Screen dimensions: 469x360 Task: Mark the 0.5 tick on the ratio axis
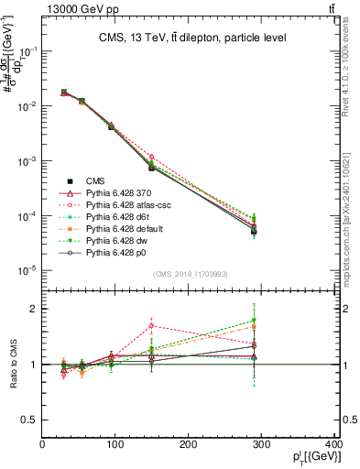(x=29, y=420)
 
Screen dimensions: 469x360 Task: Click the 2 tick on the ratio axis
(x=34, y=309)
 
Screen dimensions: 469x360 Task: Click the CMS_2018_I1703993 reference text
(x=191, y=274)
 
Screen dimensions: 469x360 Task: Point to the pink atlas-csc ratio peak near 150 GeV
(x=152, y=325)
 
